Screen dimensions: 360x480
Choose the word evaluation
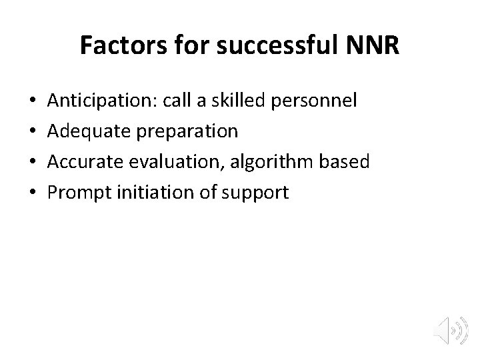pos(175,163)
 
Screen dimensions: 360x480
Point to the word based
pos(345,163)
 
